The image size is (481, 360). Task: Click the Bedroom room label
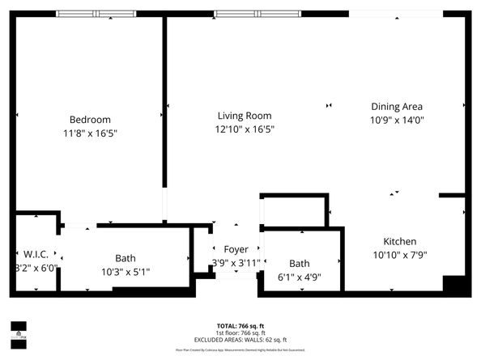click(x=89, y=120)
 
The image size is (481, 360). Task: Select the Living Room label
click(x=244, y=116)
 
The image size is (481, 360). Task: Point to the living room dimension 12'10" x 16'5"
click(x=244, y=129)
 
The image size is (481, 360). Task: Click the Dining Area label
click(x=397, y=106)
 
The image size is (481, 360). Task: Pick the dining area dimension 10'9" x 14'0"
click(x=397, y=120)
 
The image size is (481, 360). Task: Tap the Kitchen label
click(x=399, y=241)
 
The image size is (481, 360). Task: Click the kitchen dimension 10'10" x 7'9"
click(x=399, y=255)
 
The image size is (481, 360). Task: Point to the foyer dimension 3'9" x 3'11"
click(x=236, y=263)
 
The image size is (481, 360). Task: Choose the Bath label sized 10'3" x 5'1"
click(x=126, y=258)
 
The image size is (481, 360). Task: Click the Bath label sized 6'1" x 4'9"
click(x=300, y=263)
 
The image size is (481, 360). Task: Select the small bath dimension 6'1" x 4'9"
click(x=300, y=277)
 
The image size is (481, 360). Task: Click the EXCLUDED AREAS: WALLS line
click(x=240, y=340)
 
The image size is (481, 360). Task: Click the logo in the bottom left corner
click(x=17, y=329)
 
